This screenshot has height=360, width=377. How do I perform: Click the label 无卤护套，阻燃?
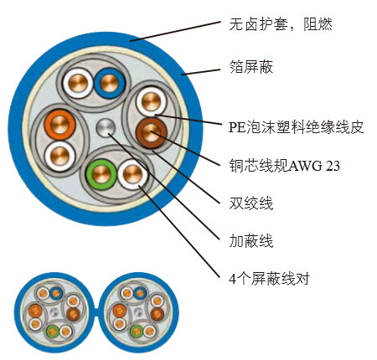281,24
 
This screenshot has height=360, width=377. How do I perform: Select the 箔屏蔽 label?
250,67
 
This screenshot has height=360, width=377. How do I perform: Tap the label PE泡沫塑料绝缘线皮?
296,127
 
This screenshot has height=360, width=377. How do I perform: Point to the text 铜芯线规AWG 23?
284,166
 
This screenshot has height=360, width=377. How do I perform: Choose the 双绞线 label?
250,203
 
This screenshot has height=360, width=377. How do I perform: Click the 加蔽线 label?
250,241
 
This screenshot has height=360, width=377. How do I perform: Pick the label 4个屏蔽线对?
269,279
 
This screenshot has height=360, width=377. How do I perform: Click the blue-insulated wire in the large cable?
110,83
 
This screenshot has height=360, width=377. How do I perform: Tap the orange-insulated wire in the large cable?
59,125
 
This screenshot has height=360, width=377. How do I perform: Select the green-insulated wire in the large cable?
101,174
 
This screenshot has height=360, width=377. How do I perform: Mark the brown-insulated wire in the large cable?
151,133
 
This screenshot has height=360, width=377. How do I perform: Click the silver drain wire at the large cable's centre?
106,128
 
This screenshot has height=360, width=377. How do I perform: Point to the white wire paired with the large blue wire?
78,83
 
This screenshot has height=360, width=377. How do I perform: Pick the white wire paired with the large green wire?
133,174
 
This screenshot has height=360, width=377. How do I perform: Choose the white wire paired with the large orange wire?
60,156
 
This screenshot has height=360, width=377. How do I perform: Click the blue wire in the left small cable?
56,293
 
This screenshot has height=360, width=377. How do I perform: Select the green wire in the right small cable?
137,332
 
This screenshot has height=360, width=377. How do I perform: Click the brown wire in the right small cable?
158,314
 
